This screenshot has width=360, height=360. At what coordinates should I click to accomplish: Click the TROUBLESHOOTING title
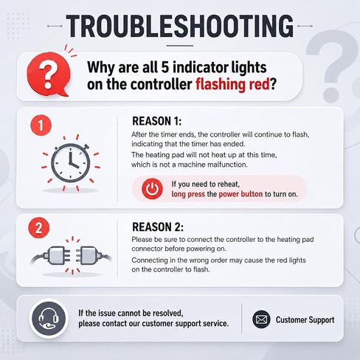coord(180,26)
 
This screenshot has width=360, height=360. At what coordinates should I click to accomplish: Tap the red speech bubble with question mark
coord(49,75)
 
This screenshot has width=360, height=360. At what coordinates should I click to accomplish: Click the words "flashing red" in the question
coord(232,84)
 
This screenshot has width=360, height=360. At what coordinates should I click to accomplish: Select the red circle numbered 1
coord(41,125)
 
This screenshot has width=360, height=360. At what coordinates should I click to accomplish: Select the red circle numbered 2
coord(39,228)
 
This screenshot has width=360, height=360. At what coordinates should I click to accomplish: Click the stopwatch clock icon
coord(71,163)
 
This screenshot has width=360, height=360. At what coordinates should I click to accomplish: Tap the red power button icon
coord(152,189)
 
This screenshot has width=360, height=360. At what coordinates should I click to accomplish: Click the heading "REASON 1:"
coord(157,121)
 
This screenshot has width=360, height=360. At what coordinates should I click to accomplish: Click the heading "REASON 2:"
coord(158,227)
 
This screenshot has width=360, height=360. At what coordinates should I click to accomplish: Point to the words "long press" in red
coord(188,194)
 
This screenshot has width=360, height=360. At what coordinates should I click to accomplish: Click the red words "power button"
coord(240,194)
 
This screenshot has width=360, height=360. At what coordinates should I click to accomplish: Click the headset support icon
coord(49,319)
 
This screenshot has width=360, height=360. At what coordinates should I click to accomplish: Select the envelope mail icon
coord(261,319)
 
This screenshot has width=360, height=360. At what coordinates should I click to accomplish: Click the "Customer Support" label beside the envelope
coord(305,320)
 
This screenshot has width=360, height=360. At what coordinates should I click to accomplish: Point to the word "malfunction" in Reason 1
coord(227,165)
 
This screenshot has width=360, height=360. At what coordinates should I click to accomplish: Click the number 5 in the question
coord(165,67)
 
